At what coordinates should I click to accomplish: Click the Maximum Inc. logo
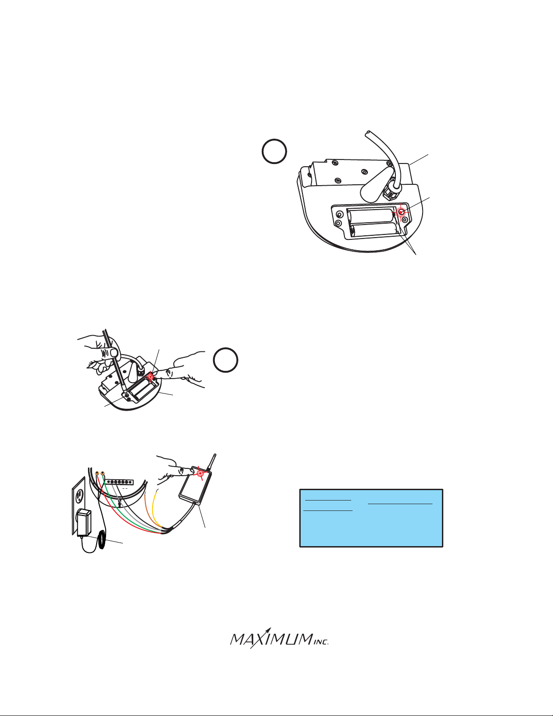279,638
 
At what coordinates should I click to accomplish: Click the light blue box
371,518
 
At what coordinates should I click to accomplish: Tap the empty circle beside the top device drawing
274,151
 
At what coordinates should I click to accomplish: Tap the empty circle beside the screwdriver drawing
225,360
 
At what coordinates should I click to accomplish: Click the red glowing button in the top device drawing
401,212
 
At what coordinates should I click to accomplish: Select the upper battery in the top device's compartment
371,216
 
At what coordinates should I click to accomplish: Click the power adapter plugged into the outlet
84,523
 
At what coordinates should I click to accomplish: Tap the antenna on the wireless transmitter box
212,463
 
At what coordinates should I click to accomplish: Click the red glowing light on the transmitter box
200,473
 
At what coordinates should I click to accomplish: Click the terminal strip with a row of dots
119,482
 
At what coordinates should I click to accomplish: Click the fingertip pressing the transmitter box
187,470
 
